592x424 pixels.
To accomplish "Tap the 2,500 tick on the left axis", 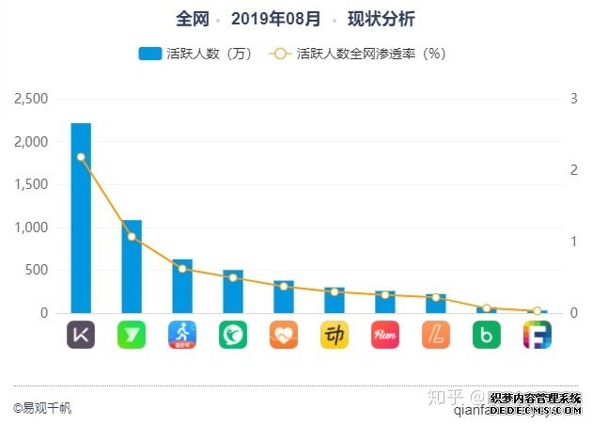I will [32, 99].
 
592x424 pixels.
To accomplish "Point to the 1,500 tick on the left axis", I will [32, 184].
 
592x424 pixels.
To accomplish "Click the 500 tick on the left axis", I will [38, 270].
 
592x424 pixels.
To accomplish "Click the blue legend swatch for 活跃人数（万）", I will [150, 54].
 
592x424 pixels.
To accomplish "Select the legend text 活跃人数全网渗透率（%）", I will [370, 54].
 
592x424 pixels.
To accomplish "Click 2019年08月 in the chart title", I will [275, 19].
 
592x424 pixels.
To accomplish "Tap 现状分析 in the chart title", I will [382, 19].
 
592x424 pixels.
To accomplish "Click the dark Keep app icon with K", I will [81, 335].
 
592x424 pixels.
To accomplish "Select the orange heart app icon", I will [284, 335].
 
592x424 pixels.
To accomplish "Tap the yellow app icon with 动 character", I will [335, 335].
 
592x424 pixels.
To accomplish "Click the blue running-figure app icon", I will [182, 335].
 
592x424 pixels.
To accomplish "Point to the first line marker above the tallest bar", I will [81, 158].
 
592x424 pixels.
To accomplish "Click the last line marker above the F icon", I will [537, 311].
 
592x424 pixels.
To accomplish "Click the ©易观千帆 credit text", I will [42, 408].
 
